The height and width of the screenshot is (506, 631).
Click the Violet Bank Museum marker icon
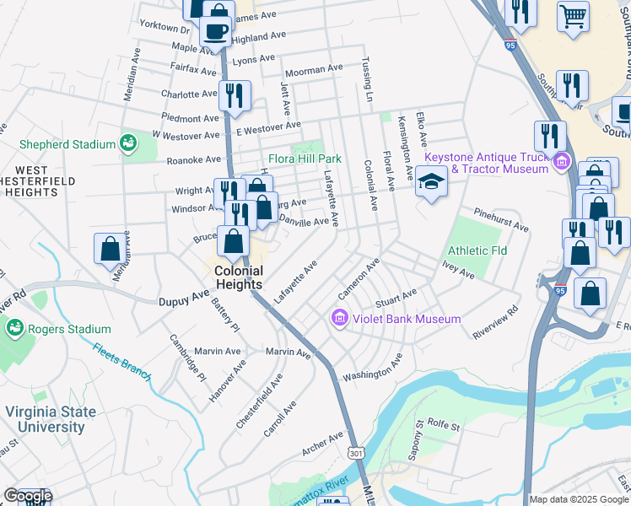pyautogui.click(x=339, y=319)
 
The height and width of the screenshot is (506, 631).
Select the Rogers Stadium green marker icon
pyautogui.click(x=13, y=328)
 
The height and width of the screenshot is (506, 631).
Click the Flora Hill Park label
pyautogui.click(x=305, y=158)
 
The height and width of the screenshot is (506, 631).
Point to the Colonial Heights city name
pyautogui.click(x=239, y=277)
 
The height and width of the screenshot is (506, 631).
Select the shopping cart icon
pyautogui.click(x=574, y=15)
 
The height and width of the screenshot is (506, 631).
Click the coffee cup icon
pyautogui.click(x=216, y=31)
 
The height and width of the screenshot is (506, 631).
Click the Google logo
pyautogui.click(x=27, y=495)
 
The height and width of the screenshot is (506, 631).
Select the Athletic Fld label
pyautogui.click(x=477, y=250)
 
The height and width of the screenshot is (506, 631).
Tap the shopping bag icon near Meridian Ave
pyautogui.click(x=110, y=249)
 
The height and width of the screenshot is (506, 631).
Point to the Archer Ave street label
pyautogui.click(x=324, y=442)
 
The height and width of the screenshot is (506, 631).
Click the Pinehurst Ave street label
pyautogui.click(x=500, y=221)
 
